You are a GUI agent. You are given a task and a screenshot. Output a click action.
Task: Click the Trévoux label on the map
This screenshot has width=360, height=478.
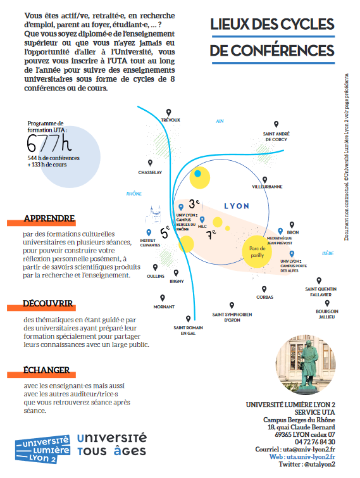[171, 120]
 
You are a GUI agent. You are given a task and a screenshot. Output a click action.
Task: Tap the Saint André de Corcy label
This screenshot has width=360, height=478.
[276, 137]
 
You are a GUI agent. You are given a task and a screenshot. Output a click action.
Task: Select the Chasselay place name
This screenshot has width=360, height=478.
[151, 172]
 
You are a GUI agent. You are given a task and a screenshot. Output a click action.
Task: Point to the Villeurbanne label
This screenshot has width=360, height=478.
[267, 187]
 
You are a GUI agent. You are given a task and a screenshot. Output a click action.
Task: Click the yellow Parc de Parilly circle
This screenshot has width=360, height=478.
[257, 252]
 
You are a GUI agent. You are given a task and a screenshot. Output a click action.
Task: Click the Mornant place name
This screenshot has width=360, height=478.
[164, 306]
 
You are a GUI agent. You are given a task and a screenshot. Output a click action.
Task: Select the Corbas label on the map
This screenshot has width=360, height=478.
[265, 296]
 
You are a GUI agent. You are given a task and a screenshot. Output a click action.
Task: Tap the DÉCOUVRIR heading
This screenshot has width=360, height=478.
[47, 303]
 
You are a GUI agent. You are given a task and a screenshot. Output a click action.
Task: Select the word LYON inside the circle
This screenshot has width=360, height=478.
[237, 206]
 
